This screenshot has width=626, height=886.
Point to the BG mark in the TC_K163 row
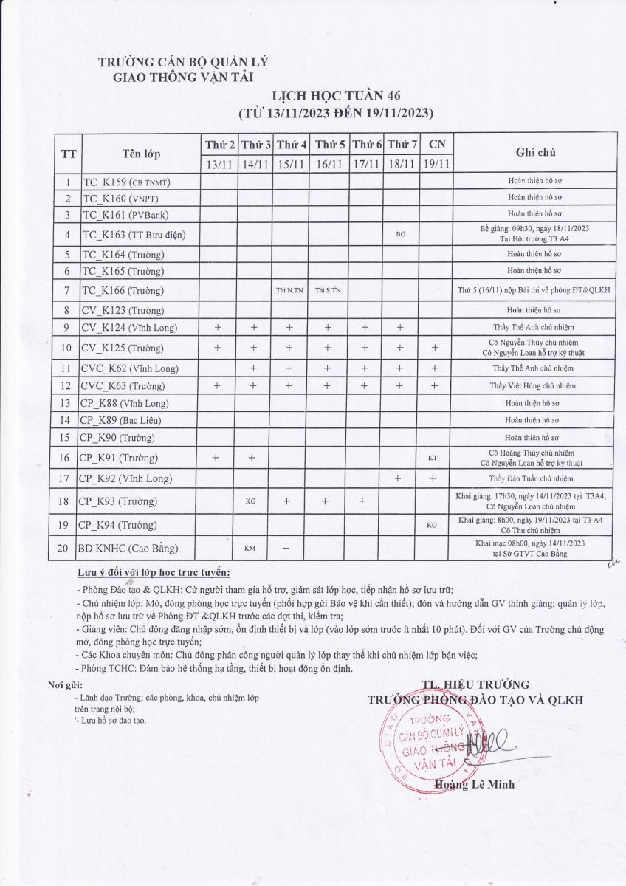[401, 234]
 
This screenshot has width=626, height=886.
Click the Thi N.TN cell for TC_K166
[289, 290]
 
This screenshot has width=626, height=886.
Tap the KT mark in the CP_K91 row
[433, 459]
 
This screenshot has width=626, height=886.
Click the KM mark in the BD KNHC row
[250, 549]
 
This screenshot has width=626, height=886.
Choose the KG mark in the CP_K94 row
[433, 525]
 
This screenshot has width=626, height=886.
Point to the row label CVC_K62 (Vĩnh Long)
[130, 368]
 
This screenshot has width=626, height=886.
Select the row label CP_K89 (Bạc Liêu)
[121, 420]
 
